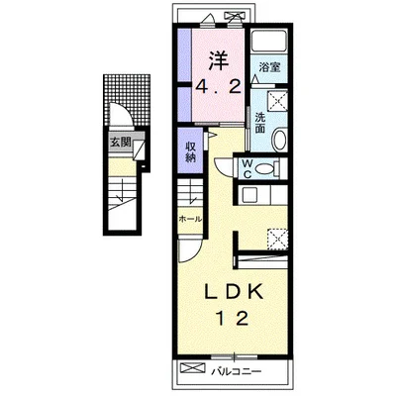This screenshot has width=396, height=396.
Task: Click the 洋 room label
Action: pyautogui.click(x=218, y=60)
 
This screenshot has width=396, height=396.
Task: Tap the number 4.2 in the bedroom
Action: pyautogui.click(x=218, y=87)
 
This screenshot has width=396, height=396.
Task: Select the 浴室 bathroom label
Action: pyautogui.click(x=269, y=67)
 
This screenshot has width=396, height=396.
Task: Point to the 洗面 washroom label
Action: pyautogui.click(x=260, y=123)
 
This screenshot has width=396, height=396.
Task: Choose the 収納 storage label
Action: pyautogui.click(x=190, y=151)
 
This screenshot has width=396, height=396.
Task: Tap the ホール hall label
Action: pyautogui.click(x=190, y=219)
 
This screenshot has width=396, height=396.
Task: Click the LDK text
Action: pyautogui.click(x=234, y=292)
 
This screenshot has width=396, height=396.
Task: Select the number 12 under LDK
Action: pyautogui.click(x=233, y=319)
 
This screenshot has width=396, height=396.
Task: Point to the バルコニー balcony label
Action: pyautogui.click(x=237, y=372)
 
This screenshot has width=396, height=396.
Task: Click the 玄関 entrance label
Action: pyautogui.click(x=121, y=143)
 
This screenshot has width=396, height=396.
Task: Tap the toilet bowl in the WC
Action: pyautogui.click(x=264, y=169)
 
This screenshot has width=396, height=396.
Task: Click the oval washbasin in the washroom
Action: pyautogui.click(x=280, y=139)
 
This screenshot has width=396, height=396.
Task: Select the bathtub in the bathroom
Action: pyautogui.click(x=268, y=42)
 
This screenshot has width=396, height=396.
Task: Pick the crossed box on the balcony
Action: pyautogui.click(x=193, y=367)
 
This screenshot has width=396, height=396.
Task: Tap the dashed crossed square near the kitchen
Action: pyautogui.click(x=277, y=239)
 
